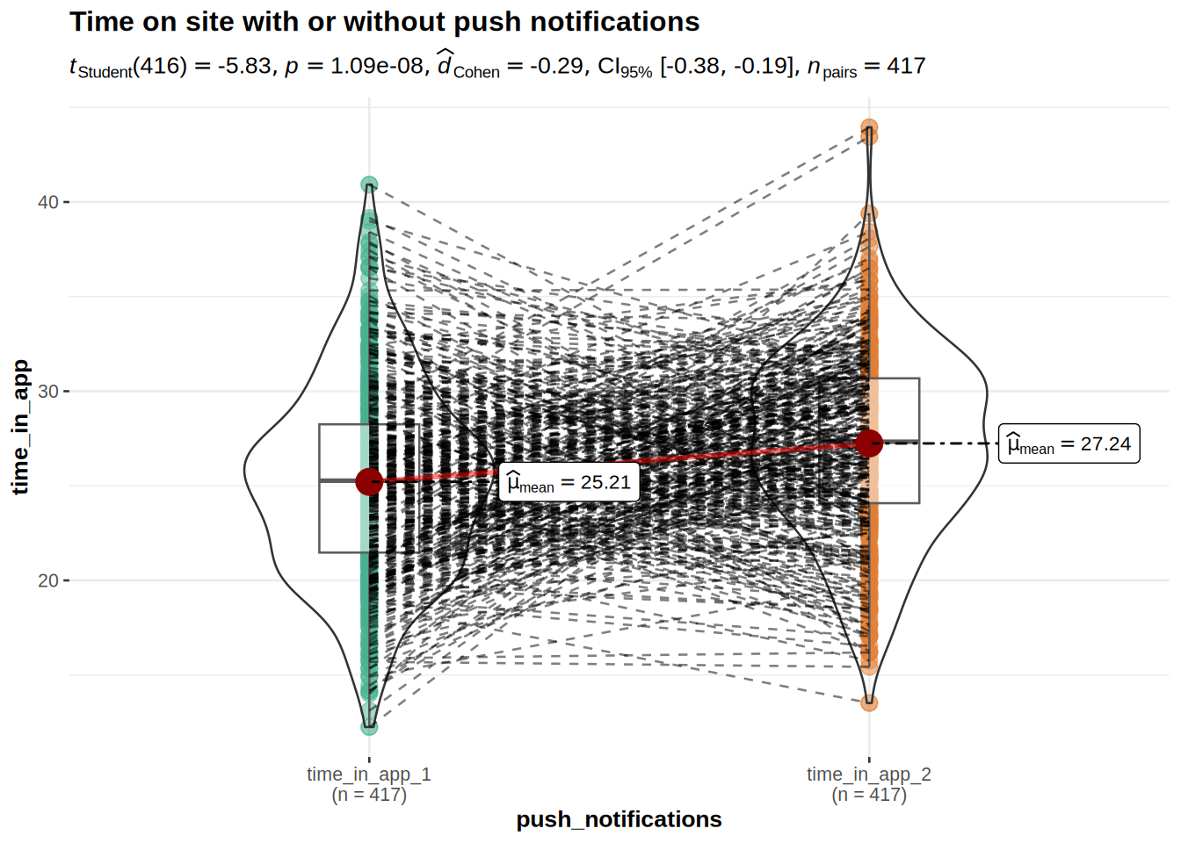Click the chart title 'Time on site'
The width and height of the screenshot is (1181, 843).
384,22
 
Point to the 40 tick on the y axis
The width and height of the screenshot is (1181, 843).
48,202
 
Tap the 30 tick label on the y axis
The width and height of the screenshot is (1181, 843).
48,392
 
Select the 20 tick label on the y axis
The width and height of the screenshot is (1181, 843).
48,580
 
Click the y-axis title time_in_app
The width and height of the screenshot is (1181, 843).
20,427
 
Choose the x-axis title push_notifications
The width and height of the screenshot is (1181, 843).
619,819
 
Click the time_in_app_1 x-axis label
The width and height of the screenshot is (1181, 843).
369,775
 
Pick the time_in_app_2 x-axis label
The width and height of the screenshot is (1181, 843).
868,775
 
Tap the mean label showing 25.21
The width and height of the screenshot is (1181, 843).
569,483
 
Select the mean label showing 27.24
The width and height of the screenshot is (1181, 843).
1069,444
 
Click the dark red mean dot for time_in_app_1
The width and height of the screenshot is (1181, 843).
369,480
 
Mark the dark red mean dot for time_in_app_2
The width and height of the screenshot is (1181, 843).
869,443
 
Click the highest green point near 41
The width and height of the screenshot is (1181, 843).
369,184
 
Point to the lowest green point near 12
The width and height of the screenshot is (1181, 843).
369,727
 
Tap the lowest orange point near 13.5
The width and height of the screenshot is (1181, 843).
869,702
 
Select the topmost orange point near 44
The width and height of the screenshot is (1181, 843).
869,127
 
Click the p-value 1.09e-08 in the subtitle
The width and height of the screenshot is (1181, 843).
377,67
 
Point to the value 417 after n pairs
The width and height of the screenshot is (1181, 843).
906,67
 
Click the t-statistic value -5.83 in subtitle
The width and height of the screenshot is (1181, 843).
244,67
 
